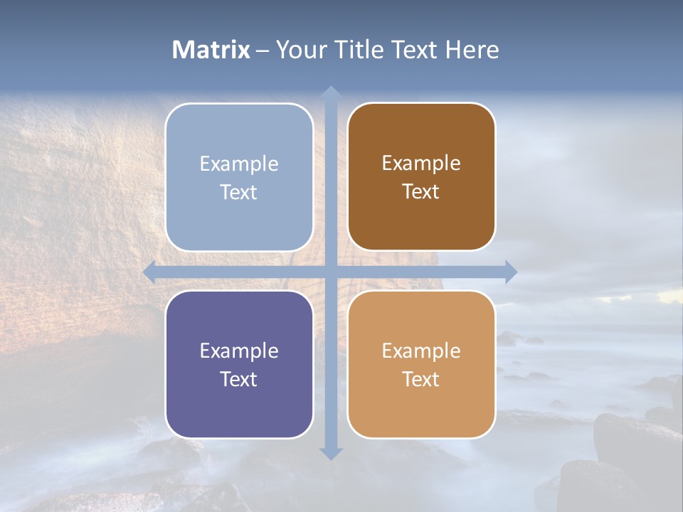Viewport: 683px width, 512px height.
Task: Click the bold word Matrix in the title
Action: coord(211,50)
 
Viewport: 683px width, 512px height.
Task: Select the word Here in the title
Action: coord(472,50)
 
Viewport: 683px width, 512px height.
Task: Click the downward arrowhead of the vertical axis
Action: coord(330,453)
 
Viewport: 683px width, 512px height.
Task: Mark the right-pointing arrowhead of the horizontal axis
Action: coord(511,272)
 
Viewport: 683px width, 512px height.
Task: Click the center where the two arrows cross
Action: coord(330,272)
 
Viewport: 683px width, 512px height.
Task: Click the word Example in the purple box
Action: coord(239,351)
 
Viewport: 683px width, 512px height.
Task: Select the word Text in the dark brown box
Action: coord(421,191)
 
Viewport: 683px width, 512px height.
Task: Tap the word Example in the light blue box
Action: coord(239,164)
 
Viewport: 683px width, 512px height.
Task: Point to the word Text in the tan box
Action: coord(421,379)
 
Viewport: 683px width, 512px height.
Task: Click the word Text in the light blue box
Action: coord(239,192)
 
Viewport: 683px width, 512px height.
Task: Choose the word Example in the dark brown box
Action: coord(421,163)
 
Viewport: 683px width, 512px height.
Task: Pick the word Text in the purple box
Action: coord(239,379)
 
